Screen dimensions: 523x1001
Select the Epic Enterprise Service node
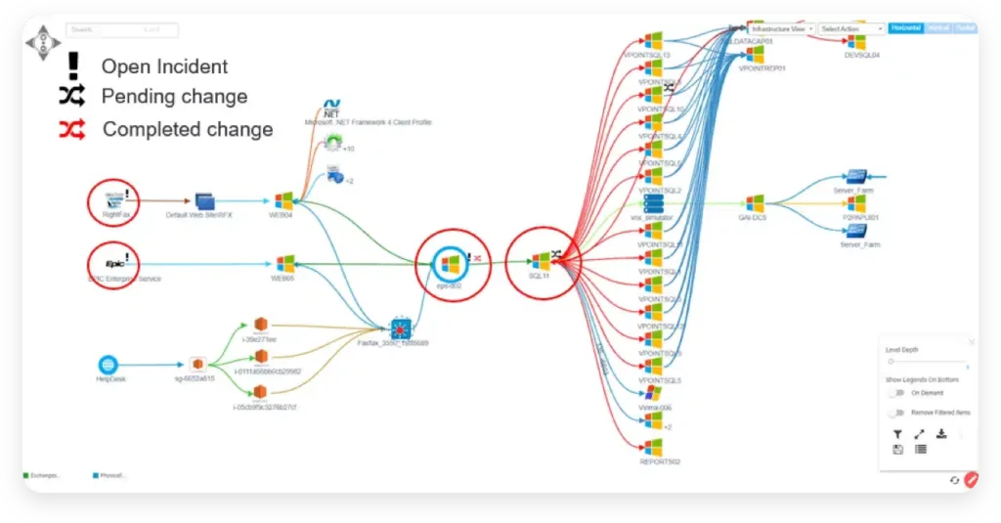(116, 263)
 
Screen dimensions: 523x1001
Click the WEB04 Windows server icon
(283, 201)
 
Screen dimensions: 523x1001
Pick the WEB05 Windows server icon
(284, 264)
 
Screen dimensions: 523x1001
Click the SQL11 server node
(541, 261)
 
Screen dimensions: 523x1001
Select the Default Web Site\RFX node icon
(204, 201)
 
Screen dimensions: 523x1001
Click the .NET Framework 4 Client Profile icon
(332, 109)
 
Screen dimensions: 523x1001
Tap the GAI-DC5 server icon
(754, 203)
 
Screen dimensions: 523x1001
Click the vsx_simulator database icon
(653, 203)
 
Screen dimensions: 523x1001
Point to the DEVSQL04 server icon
(857, 42)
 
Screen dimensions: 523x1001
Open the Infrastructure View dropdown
(782, 29)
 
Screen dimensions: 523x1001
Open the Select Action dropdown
(851, 29)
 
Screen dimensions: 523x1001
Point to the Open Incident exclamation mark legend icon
(72, 66)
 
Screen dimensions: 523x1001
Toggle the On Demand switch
(895, 392)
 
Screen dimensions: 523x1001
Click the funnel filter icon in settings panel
(897, 434)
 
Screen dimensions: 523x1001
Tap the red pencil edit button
(971, 479)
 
